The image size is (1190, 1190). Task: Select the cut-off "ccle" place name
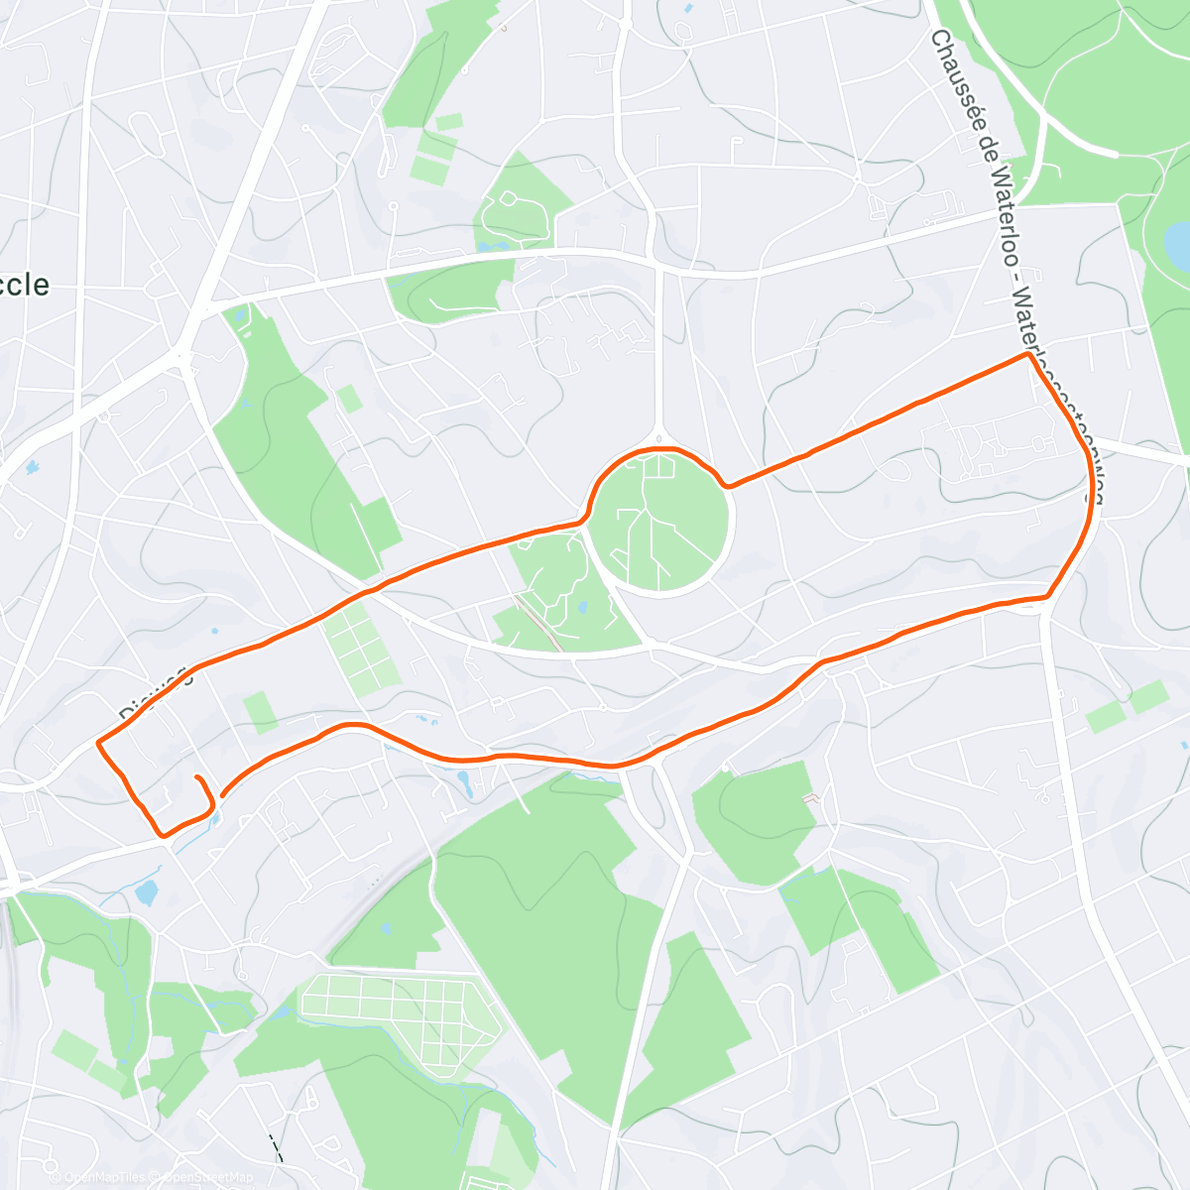23,285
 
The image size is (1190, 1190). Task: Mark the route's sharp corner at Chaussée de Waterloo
1026,355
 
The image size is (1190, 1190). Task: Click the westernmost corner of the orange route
98,742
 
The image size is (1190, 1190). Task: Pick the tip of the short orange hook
197,777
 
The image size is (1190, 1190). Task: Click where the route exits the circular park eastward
729,485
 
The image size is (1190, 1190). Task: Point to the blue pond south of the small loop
146,892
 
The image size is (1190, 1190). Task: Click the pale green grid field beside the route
361,651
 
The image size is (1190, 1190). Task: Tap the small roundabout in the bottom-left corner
51,1166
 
